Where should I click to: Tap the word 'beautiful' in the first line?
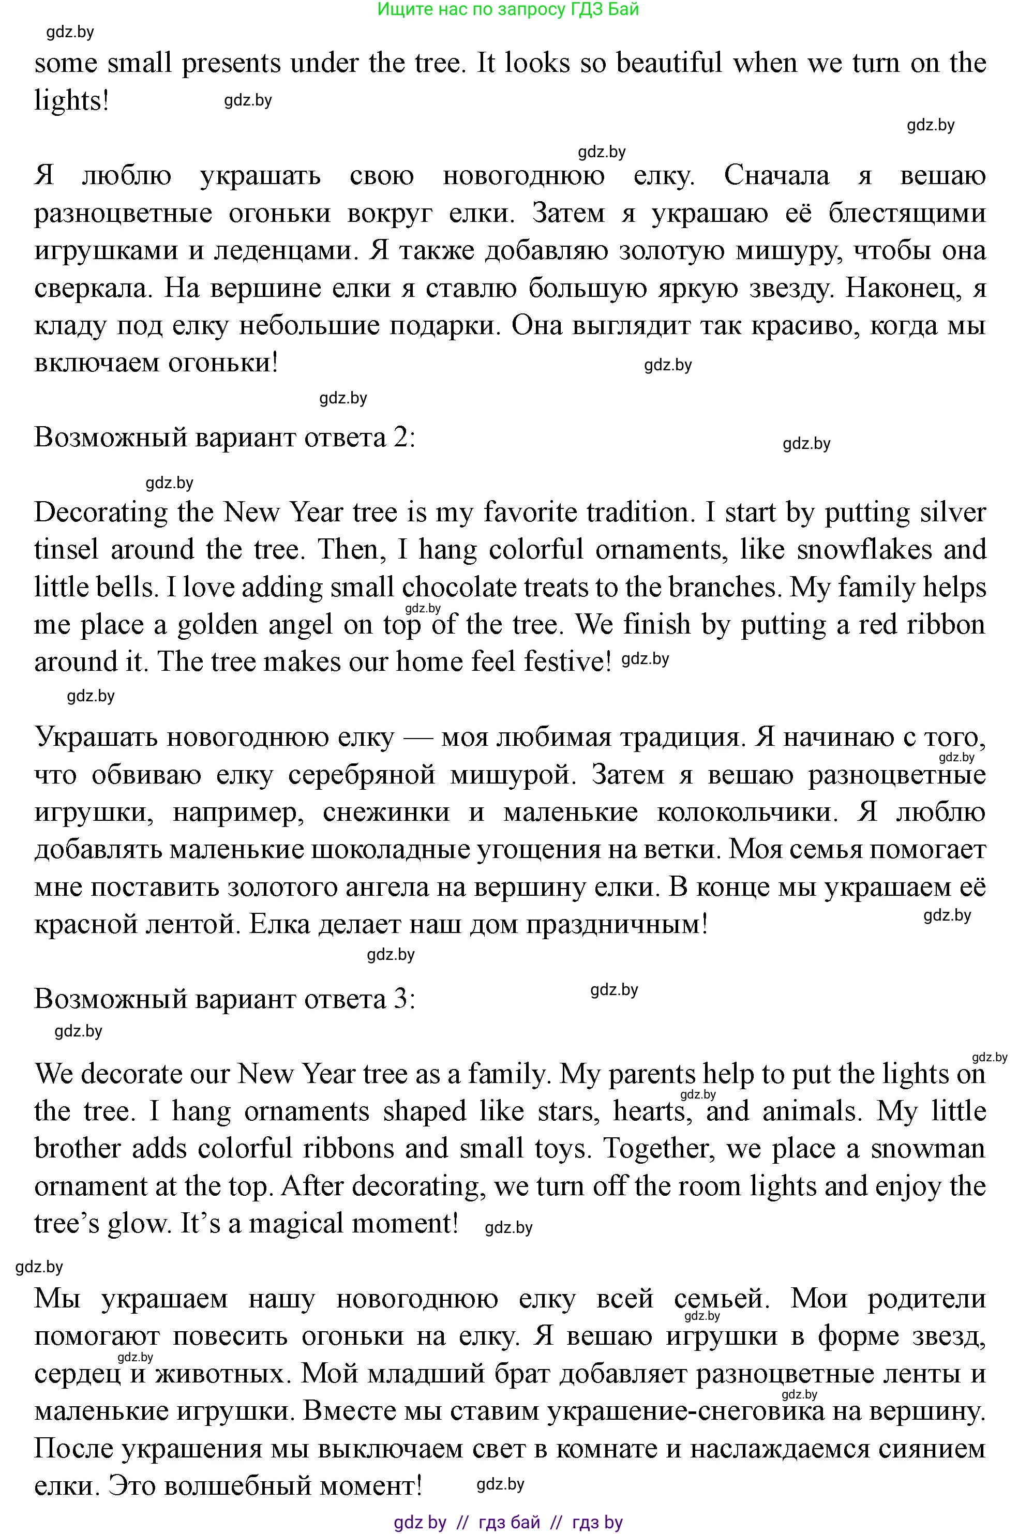pyautogui.click(x=669, y=64)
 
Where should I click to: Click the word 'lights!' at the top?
pyautogui.click(x=71, y=101)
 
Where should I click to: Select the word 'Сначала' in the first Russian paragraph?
pyautogui.click(x=776, y=176)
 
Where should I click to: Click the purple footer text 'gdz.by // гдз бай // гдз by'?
pyautogui.click(x=508, y=1522)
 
